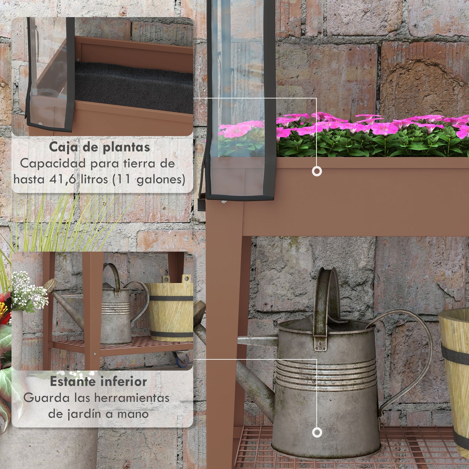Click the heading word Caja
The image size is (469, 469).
tap(61, 147)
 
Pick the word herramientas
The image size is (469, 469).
tap(132, 398)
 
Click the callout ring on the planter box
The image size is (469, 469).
tap(317, 171)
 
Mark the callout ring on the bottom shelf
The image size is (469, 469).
tap(317, 433)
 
